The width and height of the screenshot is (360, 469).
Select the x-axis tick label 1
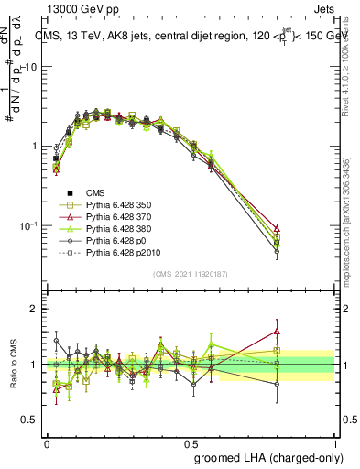point(333,442)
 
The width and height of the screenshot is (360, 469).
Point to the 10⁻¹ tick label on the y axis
point(29,225)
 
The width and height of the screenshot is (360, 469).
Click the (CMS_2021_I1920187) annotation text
point(190,273)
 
